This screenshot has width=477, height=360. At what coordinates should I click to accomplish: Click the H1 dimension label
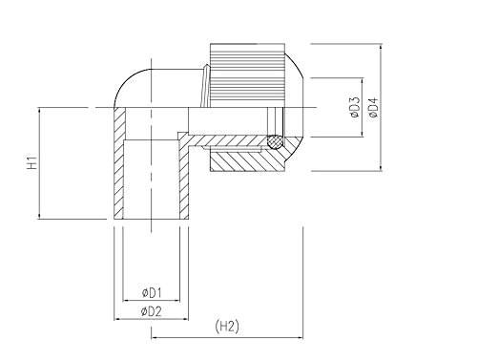pos(32,162)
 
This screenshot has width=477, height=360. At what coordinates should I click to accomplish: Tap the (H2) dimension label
pos(227,327)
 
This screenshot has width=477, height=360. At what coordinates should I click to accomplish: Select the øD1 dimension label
pos(152,293)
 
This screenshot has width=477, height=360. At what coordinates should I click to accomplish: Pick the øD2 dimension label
pos(152,312)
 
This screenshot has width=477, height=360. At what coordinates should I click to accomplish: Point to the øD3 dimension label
pos(355,107)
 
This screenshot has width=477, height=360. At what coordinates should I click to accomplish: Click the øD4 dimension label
pos(373,108)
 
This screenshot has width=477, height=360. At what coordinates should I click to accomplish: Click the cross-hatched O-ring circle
pos(275,141)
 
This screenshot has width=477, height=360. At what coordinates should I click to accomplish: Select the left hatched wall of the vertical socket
pos(119,163)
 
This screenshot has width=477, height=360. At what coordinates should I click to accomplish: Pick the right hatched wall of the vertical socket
pos(184,179)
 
